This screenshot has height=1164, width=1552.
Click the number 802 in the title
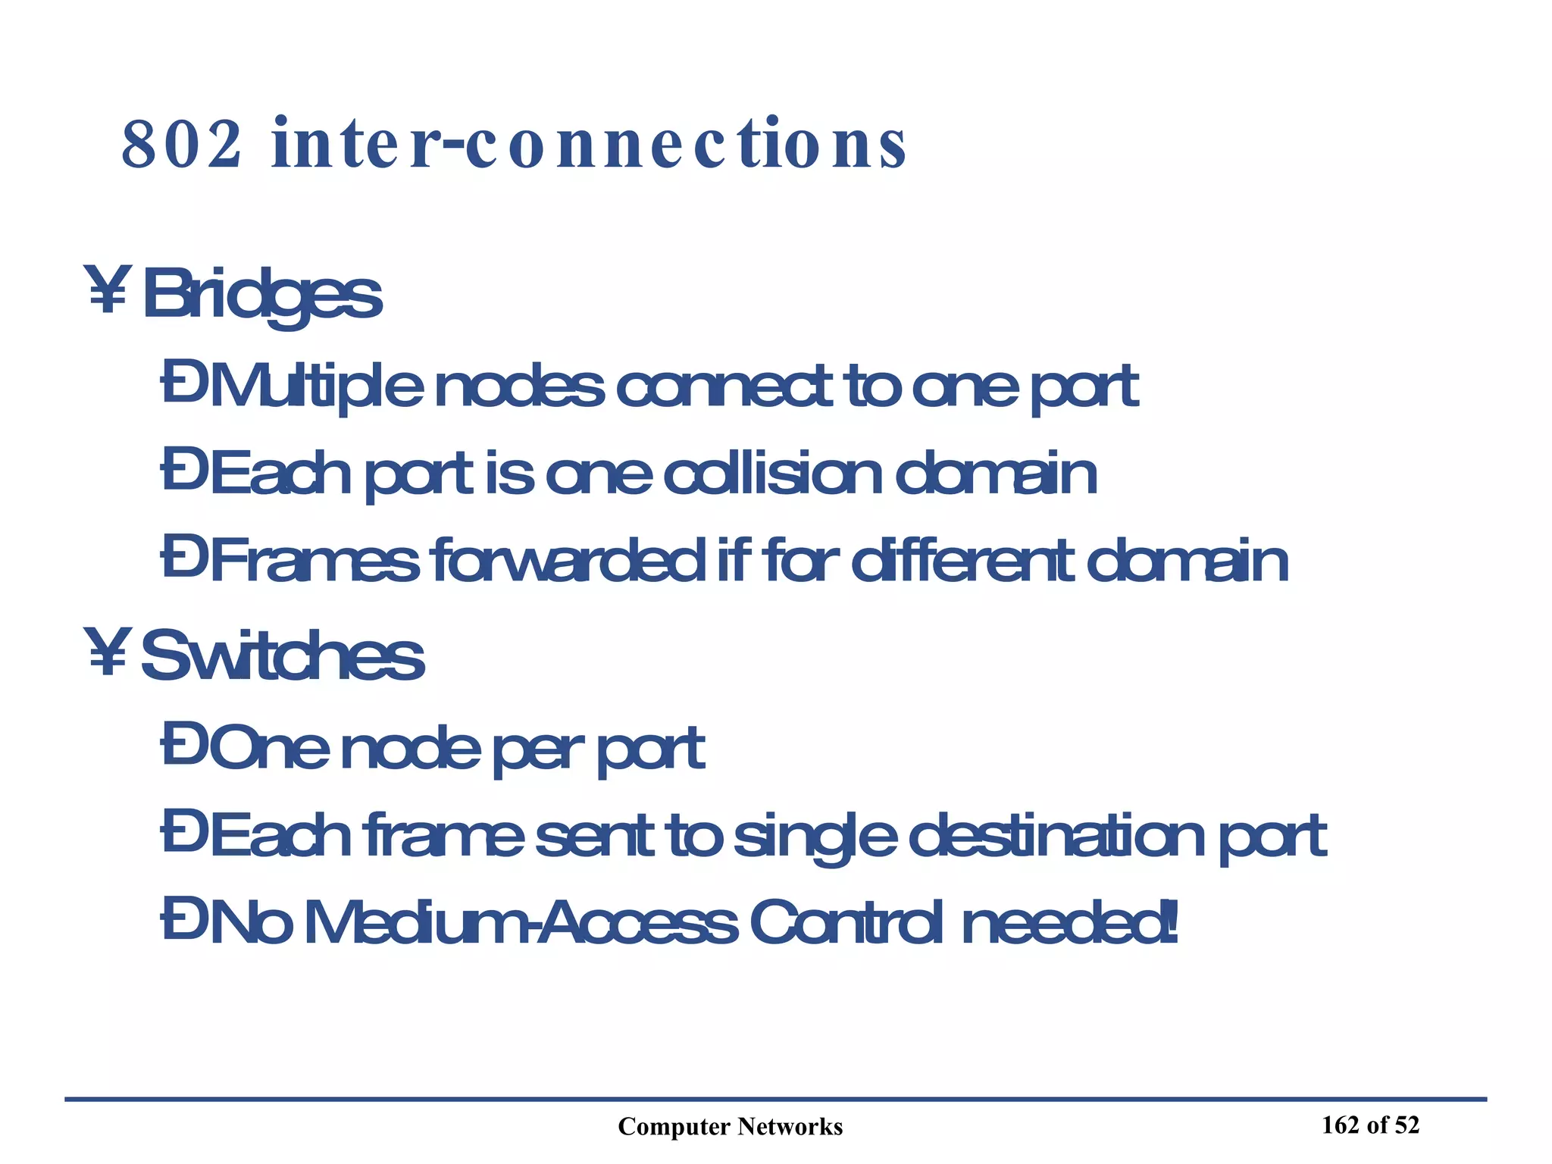(x=181, y=144)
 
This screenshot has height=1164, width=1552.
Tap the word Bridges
(x=262, y=296)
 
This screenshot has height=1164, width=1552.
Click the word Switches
(x=283, y=656)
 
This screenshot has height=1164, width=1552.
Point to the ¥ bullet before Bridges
(x=108, y=289)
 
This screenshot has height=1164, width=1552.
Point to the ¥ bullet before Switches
(x=108, y=651)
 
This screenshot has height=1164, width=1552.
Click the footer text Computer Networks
(x=730, y=1127)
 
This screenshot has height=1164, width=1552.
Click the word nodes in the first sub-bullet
(x=520, y=386)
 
